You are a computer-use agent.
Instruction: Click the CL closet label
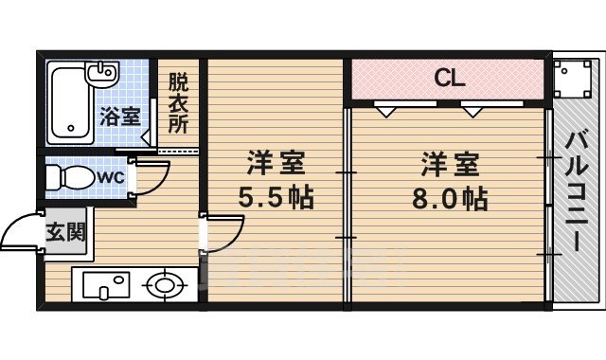pos(449,79)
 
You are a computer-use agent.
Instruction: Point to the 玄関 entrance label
pos(64,230)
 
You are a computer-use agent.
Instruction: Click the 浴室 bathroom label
pos(120,117)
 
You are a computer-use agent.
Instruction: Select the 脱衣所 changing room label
pos(178,103)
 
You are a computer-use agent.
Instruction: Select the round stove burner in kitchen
pos(165,284)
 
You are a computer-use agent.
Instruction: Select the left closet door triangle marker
pos(386,110)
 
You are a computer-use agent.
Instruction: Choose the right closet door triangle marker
pos(472,110)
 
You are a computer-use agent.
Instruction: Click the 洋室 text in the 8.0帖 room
pos(451,164)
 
